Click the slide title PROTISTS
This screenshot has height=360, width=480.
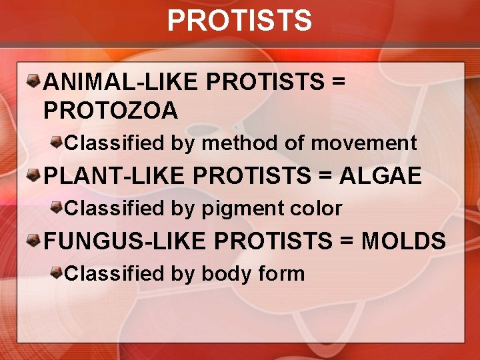239,20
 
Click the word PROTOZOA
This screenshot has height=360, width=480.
111,110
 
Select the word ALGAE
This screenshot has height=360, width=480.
381,176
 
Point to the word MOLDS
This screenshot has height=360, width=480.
403,241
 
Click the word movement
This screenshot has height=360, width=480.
364,143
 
